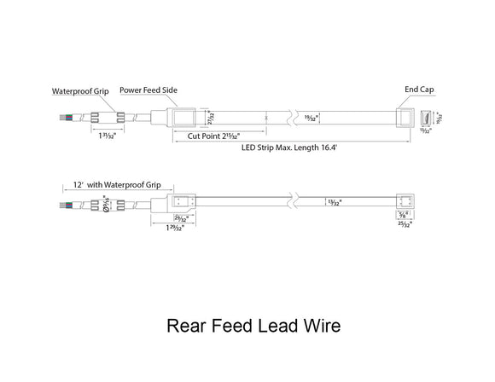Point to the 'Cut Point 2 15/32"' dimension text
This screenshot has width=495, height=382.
click(x=207, y=135)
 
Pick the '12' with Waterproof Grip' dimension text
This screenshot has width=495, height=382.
click(x=117, y=184)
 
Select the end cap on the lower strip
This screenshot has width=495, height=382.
click(x=405, y=203)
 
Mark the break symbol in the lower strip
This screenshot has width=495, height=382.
click(x=294, y=203)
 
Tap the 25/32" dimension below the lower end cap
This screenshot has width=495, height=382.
click(x=405, y=225)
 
